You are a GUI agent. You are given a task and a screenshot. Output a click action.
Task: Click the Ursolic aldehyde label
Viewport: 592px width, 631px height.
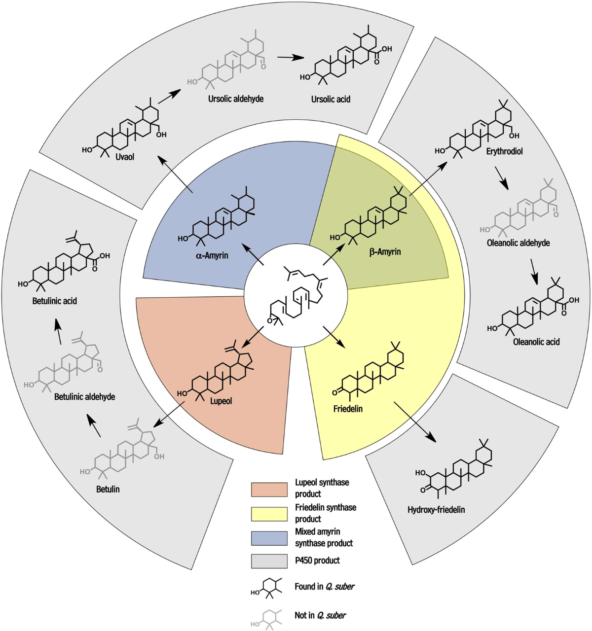[x=235, y=99]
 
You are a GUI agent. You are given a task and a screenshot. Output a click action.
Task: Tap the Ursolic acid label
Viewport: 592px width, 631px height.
[x=331, y=99]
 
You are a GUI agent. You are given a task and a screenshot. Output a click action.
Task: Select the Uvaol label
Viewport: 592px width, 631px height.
[x=126, y=157]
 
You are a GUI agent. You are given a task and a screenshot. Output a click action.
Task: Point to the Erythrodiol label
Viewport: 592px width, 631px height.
[x=504, y=151]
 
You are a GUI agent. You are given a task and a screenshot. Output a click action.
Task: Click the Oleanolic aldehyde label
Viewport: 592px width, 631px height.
[x=518, y=243]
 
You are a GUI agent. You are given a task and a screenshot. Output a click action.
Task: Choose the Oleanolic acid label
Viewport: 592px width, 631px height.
[x=536, y=341]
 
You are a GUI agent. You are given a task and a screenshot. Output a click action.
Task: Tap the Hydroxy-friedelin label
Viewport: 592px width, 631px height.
[x=436, y=510]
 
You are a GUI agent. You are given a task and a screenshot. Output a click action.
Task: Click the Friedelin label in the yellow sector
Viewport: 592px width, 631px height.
[x=348, y=409]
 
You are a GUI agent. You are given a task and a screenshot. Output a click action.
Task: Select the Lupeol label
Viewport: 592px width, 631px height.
[x=221, y=401]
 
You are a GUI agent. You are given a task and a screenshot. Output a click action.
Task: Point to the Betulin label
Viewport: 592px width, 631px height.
[x=108, y=489]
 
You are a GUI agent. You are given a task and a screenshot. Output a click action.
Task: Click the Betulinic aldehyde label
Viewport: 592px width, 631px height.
[x=84, y=396]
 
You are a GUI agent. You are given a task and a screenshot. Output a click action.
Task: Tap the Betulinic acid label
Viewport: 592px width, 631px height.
[x=55, y=300]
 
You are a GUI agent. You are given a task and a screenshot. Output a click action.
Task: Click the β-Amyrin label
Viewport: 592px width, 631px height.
[x=385, y=252]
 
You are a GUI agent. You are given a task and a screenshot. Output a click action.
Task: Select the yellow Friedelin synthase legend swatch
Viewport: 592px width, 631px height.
[x=269, y=514]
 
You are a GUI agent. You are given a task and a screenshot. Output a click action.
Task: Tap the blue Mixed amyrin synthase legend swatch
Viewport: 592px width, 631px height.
[x=269, y=538]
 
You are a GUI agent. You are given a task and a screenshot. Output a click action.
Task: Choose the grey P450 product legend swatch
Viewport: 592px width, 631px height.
[x=269, y=561]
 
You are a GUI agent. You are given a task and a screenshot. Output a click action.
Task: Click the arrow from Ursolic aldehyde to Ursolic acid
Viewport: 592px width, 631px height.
[x=290, y=57]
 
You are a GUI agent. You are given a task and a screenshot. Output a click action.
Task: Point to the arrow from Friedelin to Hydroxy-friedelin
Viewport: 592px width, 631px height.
[x=415, y=421]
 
